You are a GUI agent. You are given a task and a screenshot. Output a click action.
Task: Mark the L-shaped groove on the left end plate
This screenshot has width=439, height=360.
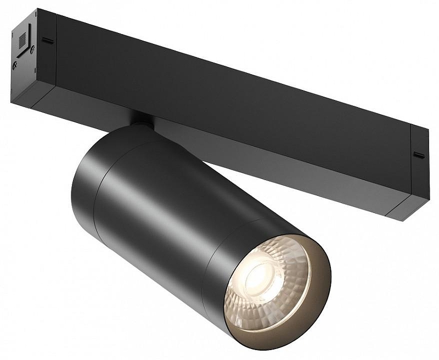(x=24, y=53)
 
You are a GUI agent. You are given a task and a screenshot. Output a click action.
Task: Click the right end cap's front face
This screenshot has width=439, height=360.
(x=420, y=165)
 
